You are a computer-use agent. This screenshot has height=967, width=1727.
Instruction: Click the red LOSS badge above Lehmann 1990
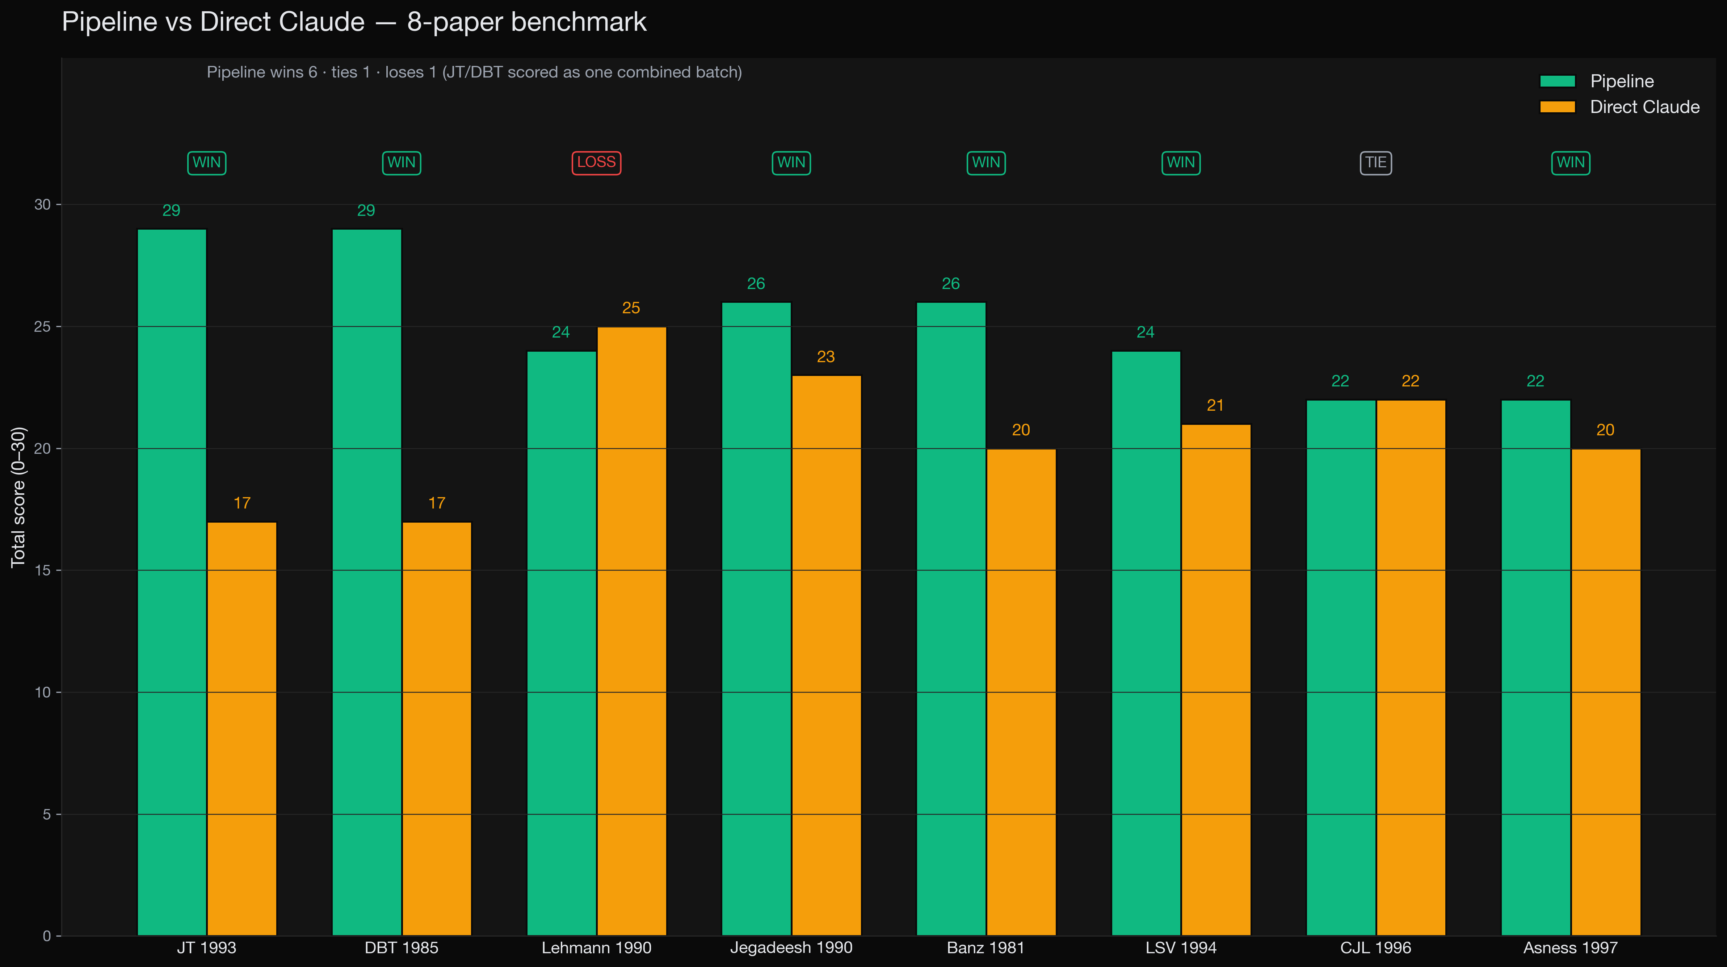tap(596, 162)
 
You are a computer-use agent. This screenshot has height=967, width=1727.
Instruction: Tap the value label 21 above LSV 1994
tap(1215, 405)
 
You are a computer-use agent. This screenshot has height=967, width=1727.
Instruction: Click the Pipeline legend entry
tap(1621, 81)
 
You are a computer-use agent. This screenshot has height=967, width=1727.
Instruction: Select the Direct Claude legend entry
tap(1644, 107)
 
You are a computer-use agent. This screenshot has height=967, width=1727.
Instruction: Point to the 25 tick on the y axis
tap(42, 327)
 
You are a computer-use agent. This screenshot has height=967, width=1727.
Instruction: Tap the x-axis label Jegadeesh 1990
tap(791, 947)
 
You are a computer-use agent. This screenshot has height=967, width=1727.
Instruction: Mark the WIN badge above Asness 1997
tap(1570, 162)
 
